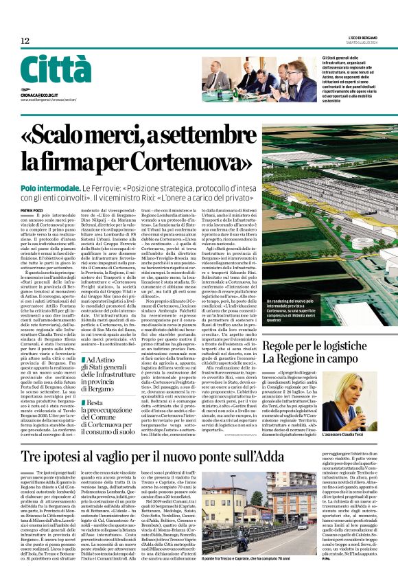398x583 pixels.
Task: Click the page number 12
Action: tap(25, 42)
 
